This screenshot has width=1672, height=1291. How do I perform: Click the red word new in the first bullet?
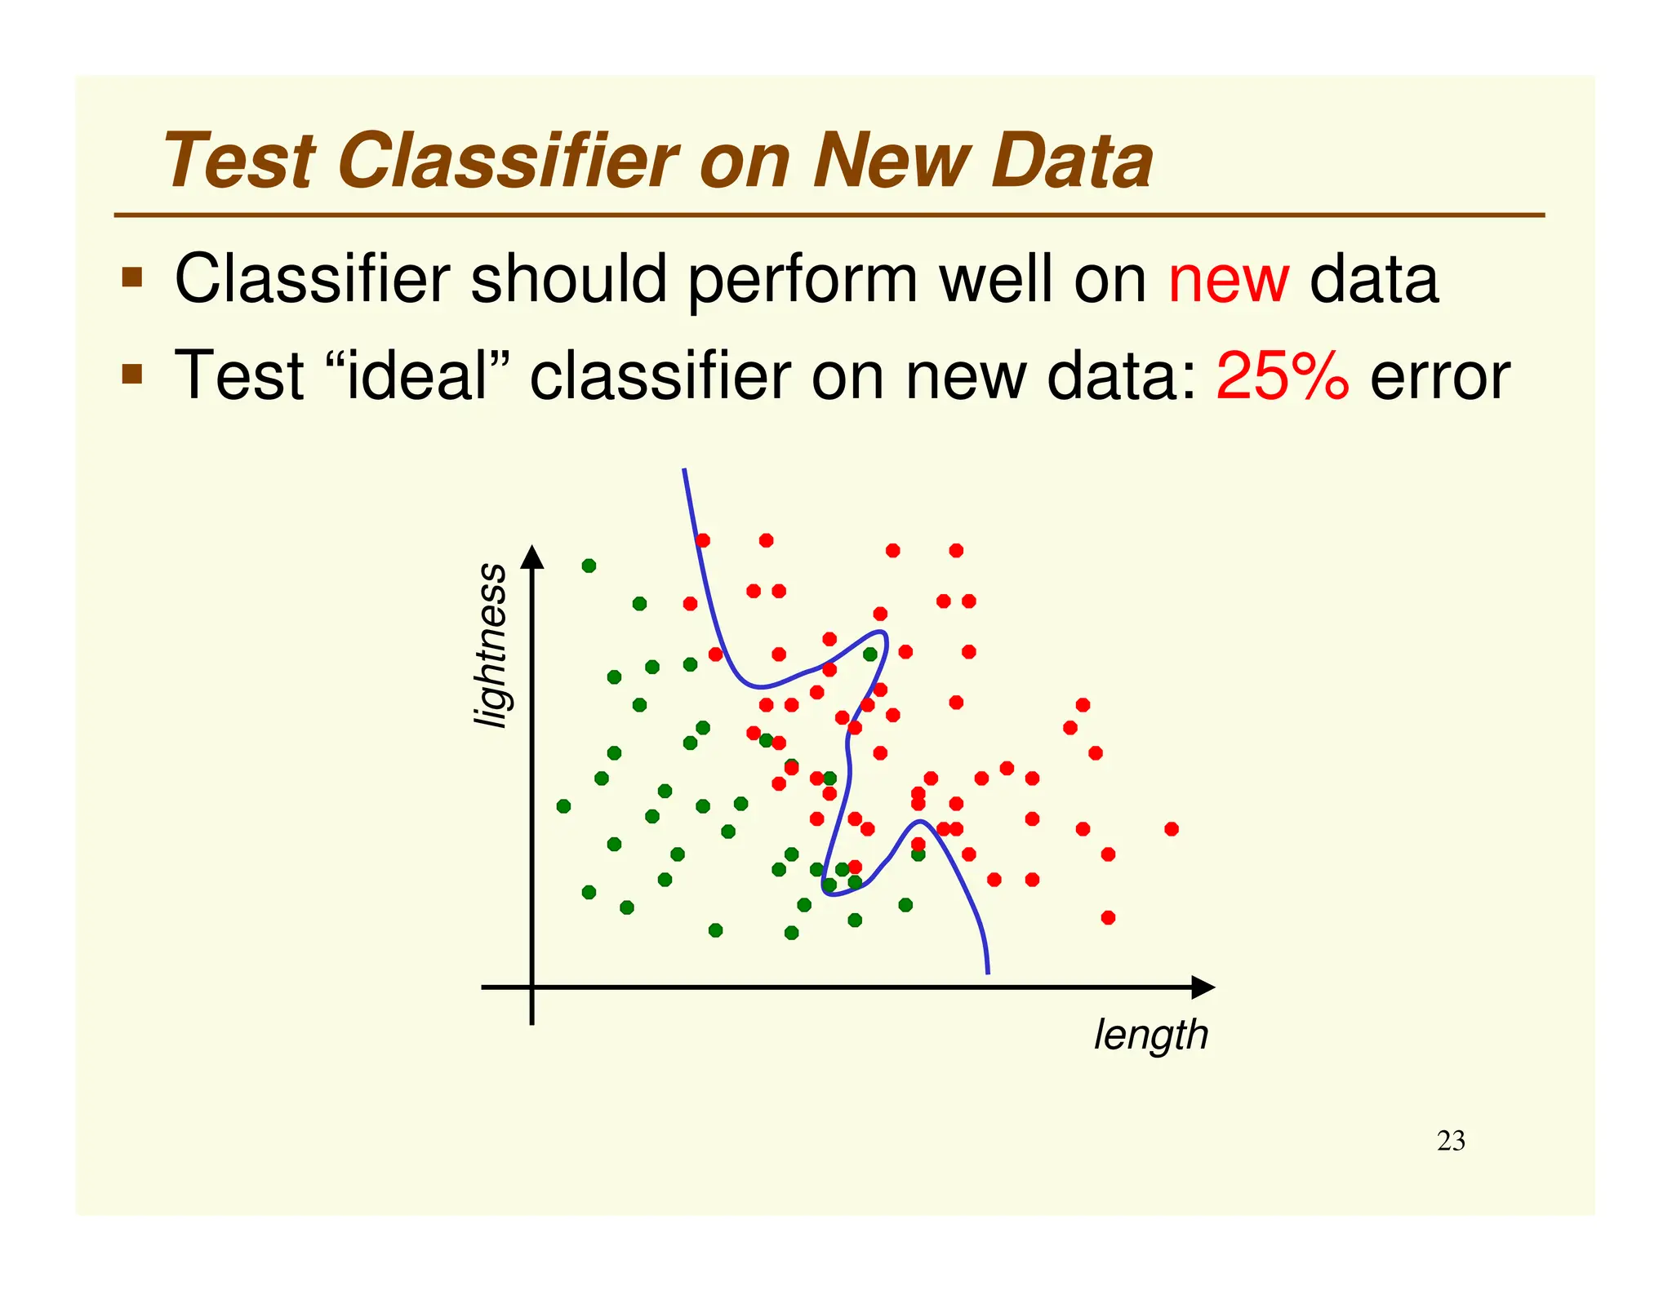[x=1228, y=280]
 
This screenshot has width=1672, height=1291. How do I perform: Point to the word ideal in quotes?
[x=416, y=375]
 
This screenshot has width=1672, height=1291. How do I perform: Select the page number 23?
[x=1450, y=1141]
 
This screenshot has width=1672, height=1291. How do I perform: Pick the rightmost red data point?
[x=1171, y=829]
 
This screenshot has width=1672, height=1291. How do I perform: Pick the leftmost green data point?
[x=563, y=806]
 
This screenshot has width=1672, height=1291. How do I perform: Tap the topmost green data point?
[x=589, y=566]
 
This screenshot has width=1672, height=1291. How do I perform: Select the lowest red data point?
[x=1108, y=917]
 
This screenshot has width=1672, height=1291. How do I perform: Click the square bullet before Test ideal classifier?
[x=131, y=375]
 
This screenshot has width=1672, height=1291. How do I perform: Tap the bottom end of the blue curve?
[x=988, y=972]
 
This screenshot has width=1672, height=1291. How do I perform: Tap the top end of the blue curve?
[x=684, y=470]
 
